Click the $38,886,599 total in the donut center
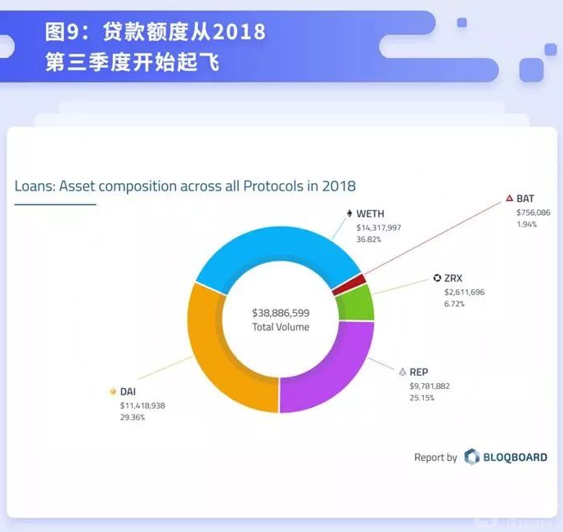(x=281, y=313)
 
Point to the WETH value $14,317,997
(x=378, y=228)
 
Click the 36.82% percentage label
(x=367, y=239)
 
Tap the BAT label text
(x=525, y=199)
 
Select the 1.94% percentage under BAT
(x=526, y=223)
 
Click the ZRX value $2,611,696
(x=464, y=292)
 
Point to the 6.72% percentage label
(x=454, y=303)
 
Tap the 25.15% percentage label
(x=422, y=397)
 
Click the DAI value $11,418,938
(x=143, y=405)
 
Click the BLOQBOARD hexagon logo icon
(x=471, y=457)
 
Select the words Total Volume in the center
(x=281, y=327)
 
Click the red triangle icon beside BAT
(x=509, y=199)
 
